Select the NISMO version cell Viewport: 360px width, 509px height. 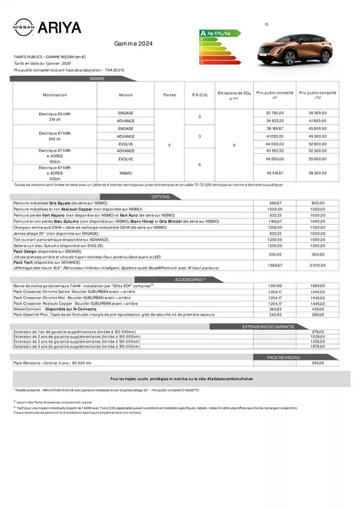126,172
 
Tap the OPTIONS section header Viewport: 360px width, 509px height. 160,197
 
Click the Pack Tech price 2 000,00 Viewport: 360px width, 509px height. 318,265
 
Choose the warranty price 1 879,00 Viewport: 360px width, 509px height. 318,346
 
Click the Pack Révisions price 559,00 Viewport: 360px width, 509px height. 318,363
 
